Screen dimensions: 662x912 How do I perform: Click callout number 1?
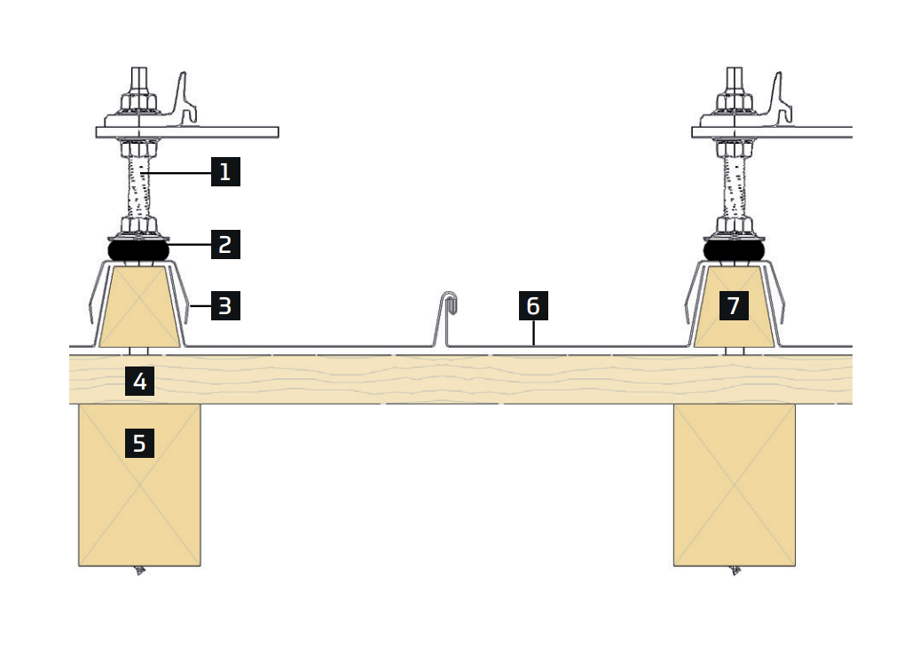pyautogui.click(x=225, y=170)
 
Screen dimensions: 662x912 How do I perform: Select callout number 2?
pyautogui.click(x=225, y=243)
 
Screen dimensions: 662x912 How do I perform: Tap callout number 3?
pyautogui.click(x=225, y=306)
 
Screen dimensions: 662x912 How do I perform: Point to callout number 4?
pyautogui.click(x=139, y=381)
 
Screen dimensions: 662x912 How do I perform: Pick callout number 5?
pyautogui.click(x=139, y=442)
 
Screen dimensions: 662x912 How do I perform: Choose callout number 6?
pyautogui.click(x=533, y=306)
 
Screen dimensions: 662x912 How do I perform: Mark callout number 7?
pyautogui.click(x=733, y=306)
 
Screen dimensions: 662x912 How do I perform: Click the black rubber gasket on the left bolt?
pyautogui.click(x=138, y=251)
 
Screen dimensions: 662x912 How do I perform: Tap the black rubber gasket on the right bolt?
pyautogui.click(x=734, y=251)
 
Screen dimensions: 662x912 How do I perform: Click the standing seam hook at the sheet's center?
pyautogui.click(x=449, y=306)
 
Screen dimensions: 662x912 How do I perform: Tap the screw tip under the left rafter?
pyautogui.click(x=139, y=571)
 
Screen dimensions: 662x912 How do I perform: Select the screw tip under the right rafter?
pyautogui.click(x=735, y=571)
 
